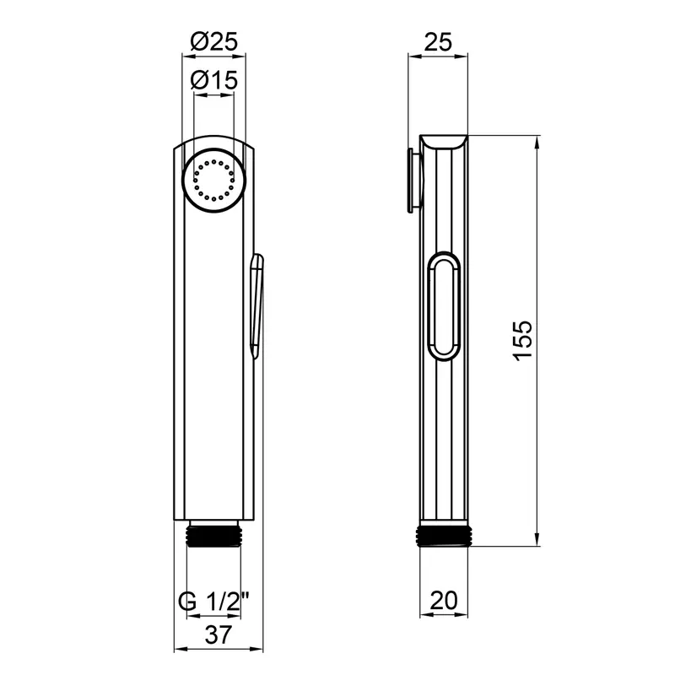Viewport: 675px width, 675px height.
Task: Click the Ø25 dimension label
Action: [x=214, y=42]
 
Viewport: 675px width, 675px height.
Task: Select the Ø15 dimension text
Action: [x=214, y=80]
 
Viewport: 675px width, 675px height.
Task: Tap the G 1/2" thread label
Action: [x=214, y=602]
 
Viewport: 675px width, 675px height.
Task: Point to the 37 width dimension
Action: [x=219, y=634]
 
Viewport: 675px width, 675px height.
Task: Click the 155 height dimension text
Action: [x=523, y=341]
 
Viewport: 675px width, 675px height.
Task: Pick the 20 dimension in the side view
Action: [x=444, y=600]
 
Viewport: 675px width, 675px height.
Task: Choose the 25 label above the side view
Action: [x=438, y=42]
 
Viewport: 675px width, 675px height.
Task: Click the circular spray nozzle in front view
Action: [x=214, y=180]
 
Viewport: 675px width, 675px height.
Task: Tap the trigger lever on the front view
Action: [x=257, y=306]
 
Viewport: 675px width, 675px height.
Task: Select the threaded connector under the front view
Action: [x=214, y=534]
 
